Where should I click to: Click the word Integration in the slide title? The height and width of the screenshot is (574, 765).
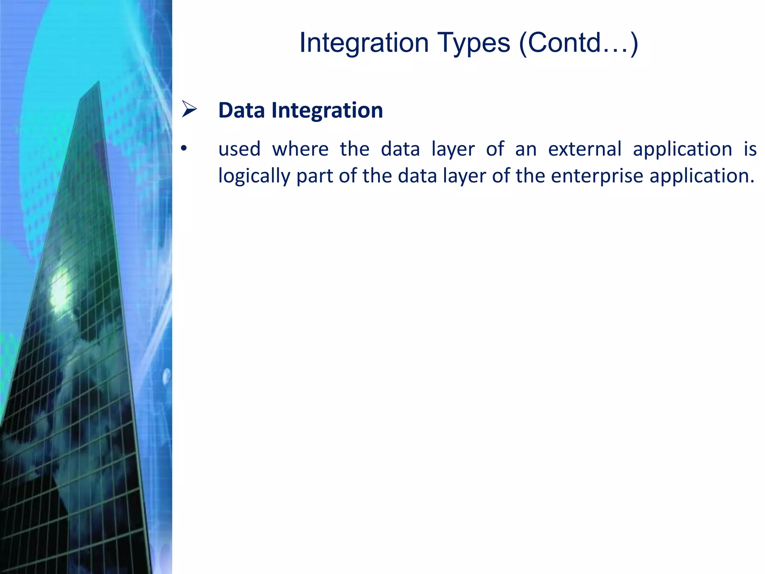(x=364, y=43)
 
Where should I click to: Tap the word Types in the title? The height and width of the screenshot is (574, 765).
(x=473, y=43)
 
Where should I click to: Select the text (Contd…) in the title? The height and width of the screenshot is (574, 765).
(x=579, y=43)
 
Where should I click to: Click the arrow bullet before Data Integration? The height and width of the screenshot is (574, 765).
(x=189, y=109)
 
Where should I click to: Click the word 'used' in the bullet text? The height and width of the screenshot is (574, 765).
(x=239, y=149)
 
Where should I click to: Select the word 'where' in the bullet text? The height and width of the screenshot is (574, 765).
(x=300, y=149)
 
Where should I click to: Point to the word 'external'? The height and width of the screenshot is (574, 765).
(x=585, y=149)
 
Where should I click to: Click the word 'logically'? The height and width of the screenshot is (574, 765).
(x=254, y=176)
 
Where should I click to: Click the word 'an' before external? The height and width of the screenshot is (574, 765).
(x=526, y=149)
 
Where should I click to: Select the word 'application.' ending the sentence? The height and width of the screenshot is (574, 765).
(x=702, y=176)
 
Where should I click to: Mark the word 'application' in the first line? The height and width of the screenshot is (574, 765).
(x=682, y=149)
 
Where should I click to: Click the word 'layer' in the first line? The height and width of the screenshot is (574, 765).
(x=453, y=149)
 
